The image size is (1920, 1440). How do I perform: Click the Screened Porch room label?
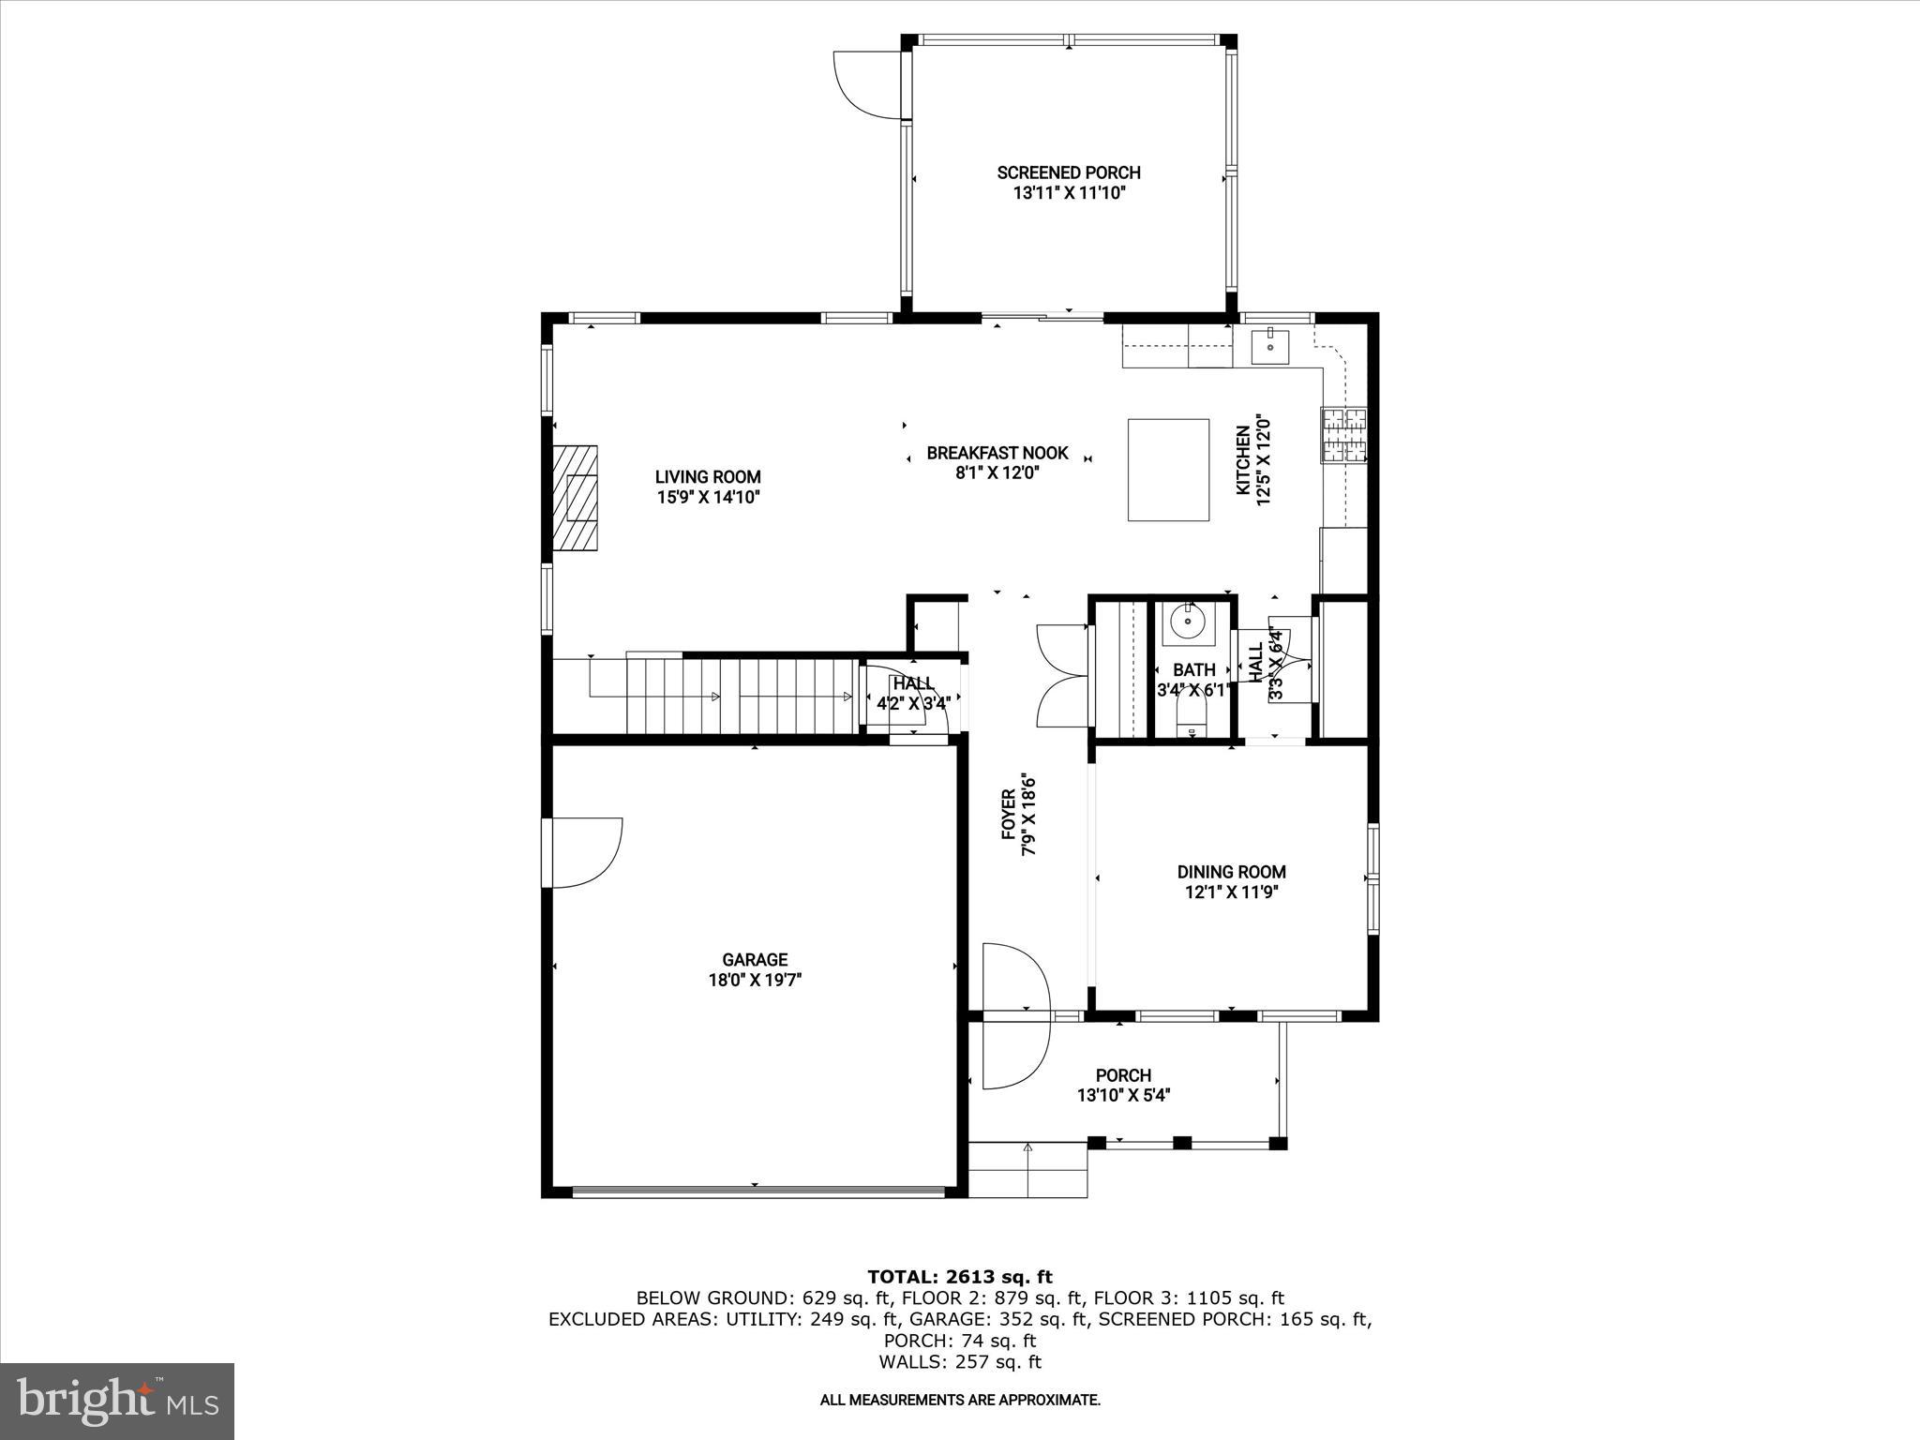[x=1069, y=183]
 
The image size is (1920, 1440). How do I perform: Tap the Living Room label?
[x=708, y=487]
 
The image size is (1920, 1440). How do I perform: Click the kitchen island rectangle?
[x=1168, y=470]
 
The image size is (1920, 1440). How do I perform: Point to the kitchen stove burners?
[x=1344, y=435]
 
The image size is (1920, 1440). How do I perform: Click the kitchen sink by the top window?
[x=1269, y=346]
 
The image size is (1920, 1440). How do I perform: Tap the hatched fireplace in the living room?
[x=575, y=498]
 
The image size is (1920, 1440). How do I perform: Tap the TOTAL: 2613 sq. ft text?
[x=960, y=1277]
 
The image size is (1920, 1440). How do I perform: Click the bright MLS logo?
[x=117, y=1401]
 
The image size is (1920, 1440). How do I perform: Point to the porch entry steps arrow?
[x=1027, y=1169]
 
